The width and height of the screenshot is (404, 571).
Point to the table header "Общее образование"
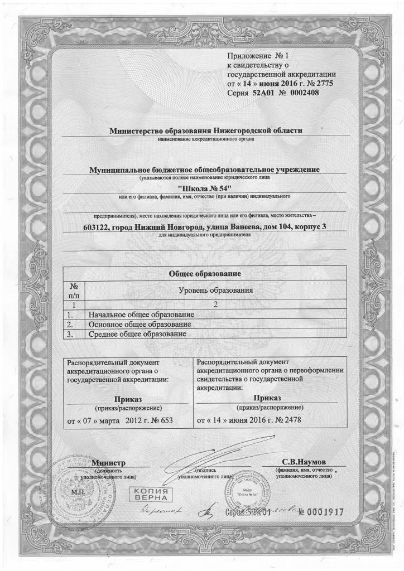(204, 274)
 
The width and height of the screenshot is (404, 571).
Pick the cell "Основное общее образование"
(140, 325)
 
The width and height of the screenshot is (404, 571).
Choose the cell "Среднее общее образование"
(137, 334)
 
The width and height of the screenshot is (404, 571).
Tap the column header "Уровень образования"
(215, 291)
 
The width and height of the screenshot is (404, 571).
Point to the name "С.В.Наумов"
(307, 463)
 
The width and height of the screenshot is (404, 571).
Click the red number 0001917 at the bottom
(321, 511)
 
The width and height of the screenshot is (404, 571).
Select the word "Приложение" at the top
(249, 56)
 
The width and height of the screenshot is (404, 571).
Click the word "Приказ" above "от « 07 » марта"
(128, 399)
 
